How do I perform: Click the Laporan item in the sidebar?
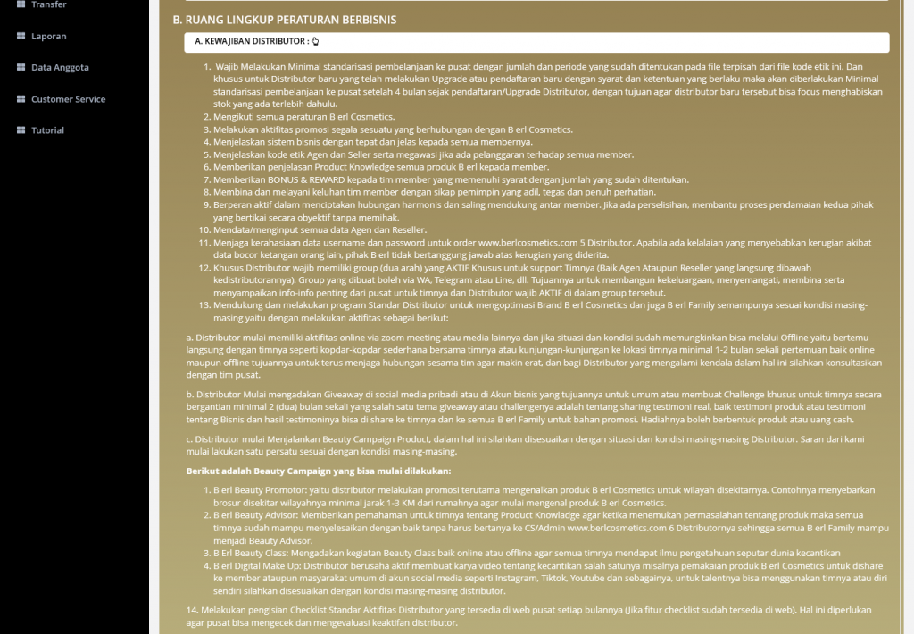click(x=48, y=37)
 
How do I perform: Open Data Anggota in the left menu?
click(x=60, y=68)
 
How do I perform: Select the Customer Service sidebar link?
click(x=68, y=99)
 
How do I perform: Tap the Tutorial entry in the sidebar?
click(x=47, y=130)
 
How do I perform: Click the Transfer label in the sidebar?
click(x=48, y=4)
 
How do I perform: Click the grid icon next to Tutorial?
click(x=21, y=130)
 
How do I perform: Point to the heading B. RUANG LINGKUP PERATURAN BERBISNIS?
click(x=285, y=20)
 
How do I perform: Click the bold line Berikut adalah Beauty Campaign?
click(x=318, y=471)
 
